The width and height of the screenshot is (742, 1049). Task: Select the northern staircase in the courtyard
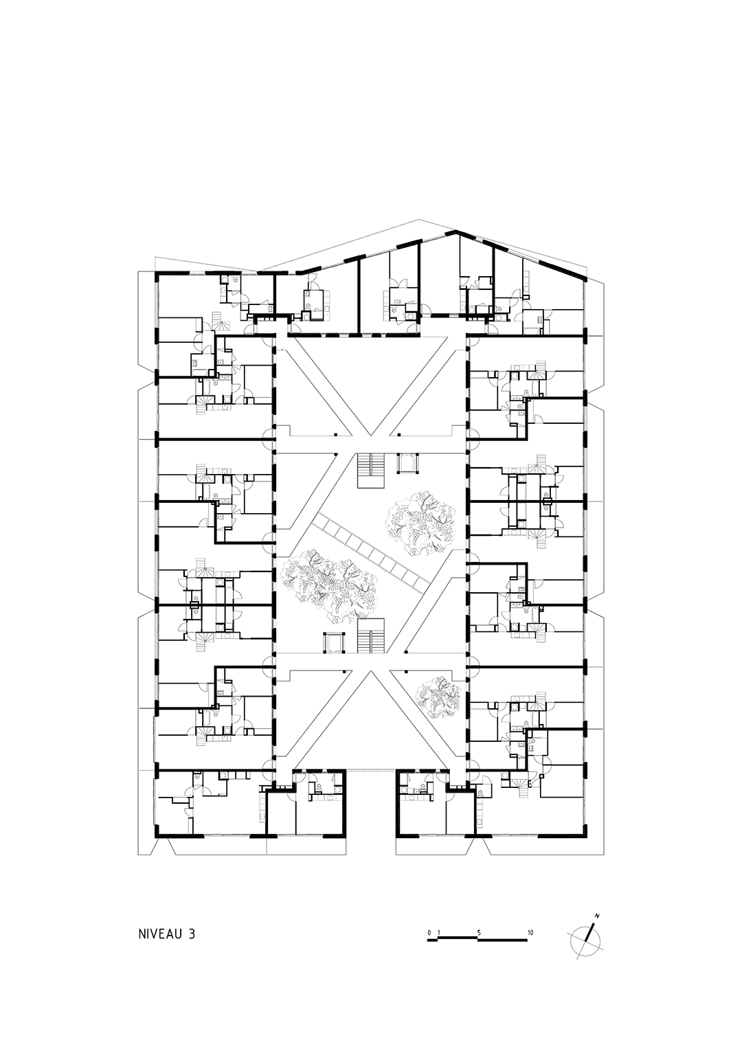[x=371, y=470]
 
